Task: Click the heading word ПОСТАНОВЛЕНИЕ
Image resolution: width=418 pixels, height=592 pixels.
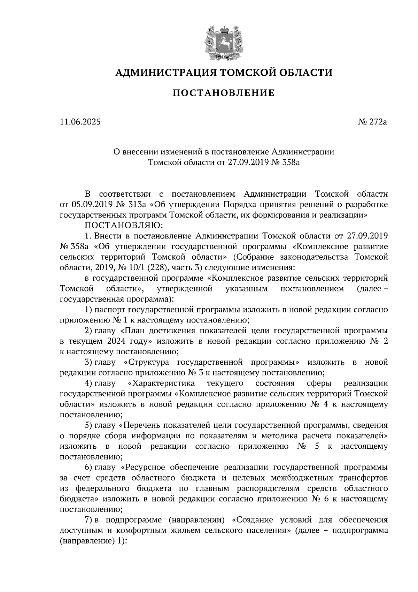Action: pyautogui.click(x=224, y=93)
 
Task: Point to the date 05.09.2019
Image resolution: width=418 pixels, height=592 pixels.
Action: pyautogui.click(x=92, y=205)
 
